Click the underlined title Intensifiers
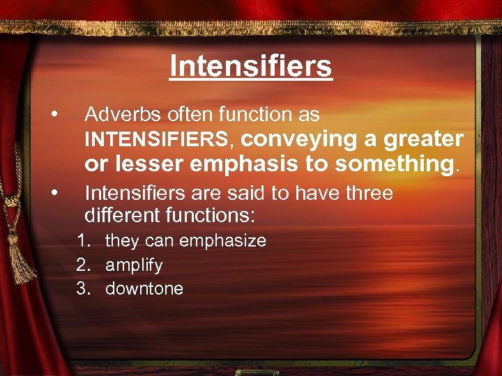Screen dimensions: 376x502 pyautogui.click(x=251, y=67)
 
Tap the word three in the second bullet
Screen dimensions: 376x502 pyautogui.click(x=367, y=193)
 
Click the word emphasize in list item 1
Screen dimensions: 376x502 pyautogui.click(x=222, y=241)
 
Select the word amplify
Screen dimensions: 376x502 pyautogui.click(x=134, y=265)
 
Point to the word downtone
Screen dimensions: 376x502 pyautogui.click(x=144, y=289)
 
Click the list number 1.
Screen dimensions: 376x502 pyautogui.click(x=84, y=241)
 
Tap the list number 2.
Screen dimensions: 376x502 pyautogui.click(x=84, y=265)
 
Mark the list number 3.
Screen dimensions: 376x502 pyautogui.click(x=84, y=289)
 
